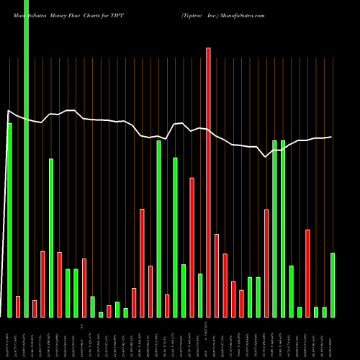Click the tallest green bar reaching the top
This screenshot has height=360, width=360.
(26, 158)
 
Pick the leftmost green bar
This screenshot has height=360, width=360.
(9, 220)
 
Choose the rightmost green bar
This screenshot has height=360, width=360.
(333, 285)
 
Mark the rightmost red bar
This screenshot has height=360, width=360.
(307, 274)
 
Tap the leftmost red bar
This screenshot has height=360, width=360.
(18, 307)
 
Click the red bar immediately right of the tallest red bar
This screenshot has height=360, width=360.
(216, 276)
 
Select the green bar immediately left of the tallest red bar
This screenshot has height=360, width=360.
(200, 295)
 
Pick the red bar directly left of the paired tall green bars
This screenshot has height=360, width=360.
(266, 264)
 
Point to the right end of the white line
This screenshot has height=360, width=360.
(331, 137)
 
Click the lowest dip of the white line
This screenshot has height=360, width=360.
(266, 157)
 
